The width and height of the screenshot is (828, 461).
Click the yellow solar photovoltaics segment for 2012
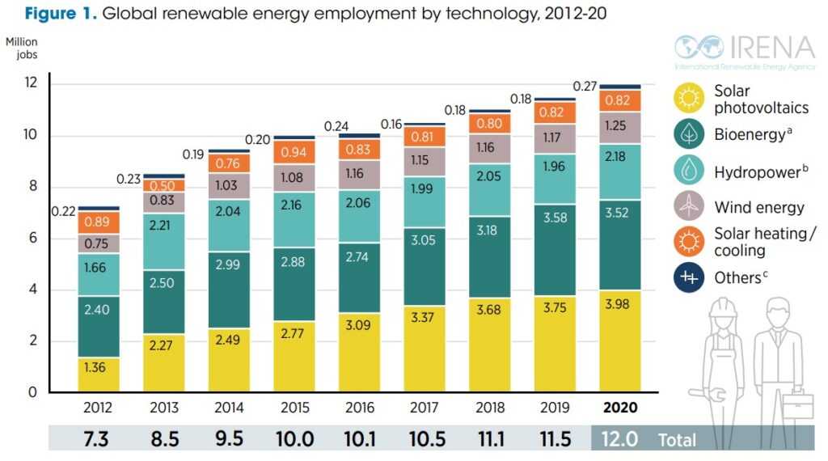tap(99, 374)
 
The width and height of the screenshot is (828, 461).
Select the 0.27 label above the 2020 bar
tap(585, 87)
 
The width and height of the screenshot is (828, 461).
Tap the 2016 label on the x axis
tap(359, 408)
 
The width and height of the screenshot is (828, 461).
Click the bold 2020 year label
tap(620, 408)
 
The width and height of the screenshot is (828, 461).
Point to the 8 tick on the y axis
tap(32, 187)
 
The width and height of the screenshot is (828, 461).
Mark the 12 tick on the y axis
tap(31, 84)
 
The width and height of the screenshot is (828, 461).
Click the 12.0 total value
tap(620, 439)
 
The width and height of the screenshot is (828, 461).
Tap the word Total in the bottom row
tap(677, 440)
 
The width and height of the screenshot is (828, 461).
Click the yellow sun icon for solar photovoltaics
tap(688, 99)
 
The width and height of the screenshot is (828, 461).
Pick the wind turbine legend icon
tap(688, 206)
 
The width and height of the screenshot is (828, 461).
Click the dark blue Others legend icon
tap(688, 277)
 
